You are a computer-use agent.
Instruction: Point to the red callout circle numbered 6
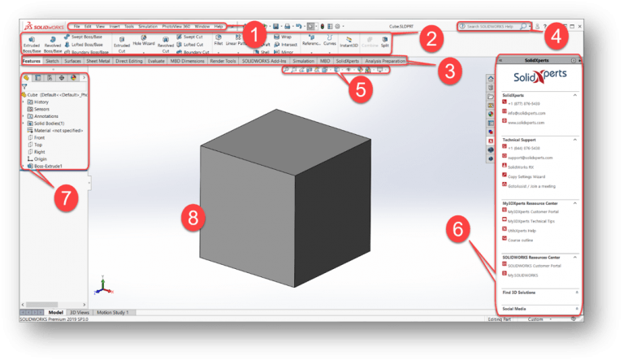coord(460,231)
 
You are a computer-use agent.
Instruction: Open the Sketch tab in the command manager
coord(52,61)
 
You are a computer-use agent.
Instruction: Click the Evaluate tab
coord(156,61)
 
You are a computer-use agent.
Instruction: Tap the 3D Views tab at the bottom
coord(79,312)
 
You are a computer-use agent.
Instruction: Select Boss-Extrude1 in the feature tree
coord(50,166)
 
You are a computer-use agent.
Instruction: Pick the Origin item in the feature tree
coord(40,158)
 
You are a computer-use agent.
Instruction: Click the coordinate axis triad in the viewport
coord(101,285)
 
